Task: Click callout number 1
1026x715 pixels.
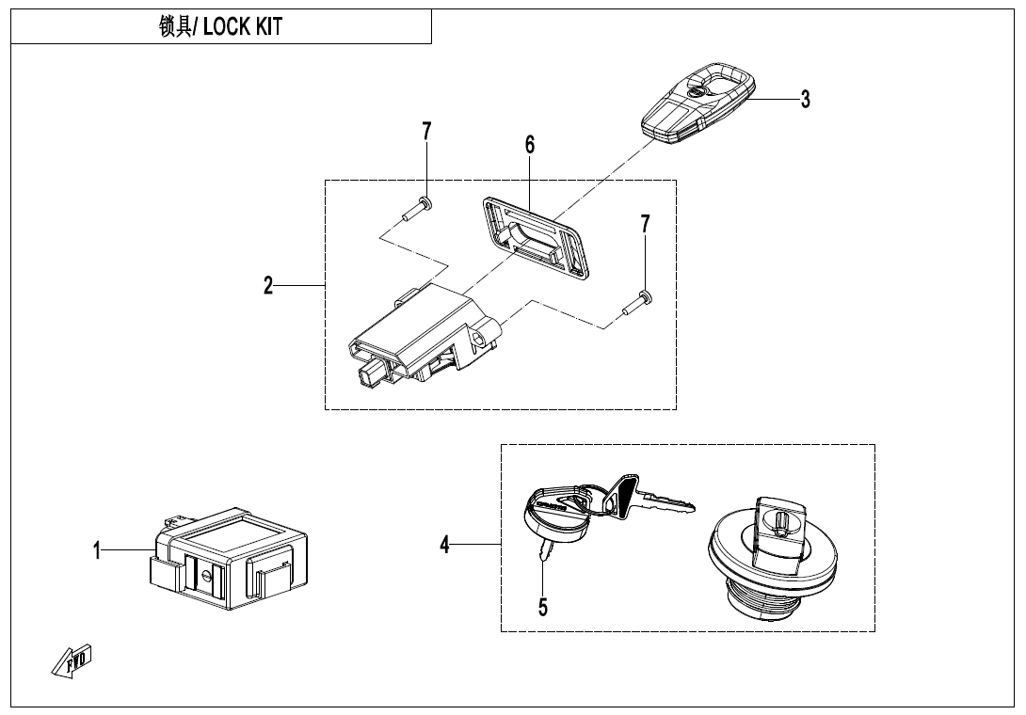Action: point(97,551)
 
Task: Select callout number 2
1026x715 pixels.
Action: point(268,286)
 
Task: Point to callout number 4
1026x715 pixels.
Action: point(445,544)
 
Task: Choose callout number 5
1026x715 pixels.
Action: point(543,607)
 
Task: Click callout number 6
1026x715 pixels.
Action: point(530,144)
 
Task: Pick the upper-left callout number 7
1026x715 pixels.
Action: point(426,132)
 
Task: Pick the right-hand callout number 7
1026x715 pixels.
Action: point(645,224)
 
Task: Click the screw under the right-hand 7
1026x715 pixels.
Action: point(637,302)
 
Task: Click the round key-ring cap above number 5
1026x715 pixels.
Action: point(554,516)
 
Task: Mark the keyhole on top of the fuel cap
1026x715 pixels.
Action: point(780,516)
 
